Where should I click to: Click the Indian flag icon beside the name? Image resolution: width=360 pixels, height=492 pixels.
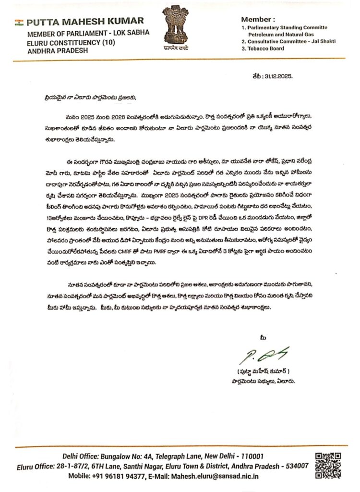tap(19, 22)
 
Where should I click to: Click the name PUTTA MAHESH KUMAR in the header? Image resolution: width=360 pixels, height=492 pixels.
tap(85, 21)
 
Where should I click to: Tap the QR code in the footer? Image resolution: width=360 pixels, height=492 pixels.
tap(328, 465)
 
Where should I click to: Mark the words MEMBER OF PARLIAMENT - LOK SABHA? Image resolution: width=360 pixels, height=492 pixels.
tap(88, 33)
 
